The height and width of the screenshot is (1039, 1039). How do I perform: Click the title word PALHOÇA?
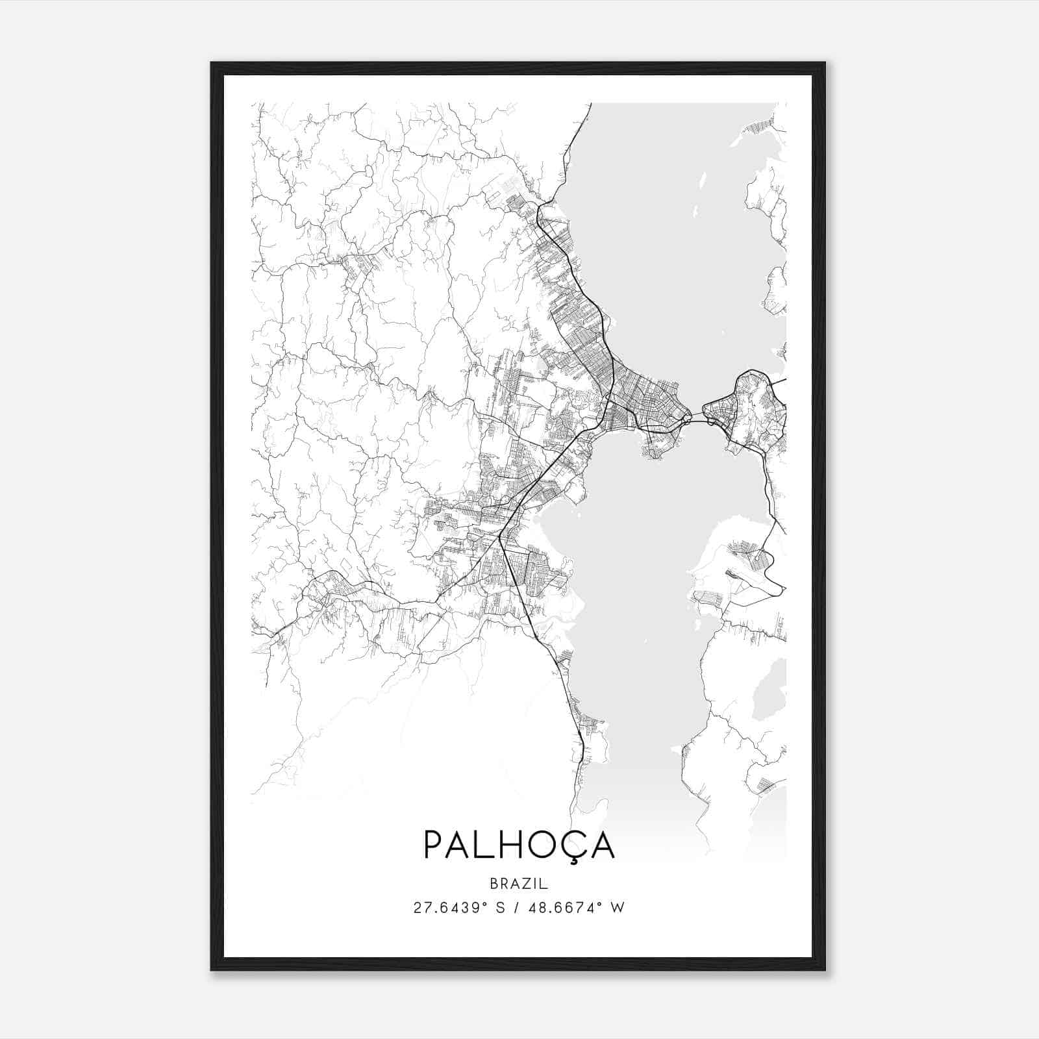(x=519, y=844)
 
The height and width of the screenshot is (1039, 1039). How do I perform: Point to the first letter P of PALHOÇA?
(x=434, y=844)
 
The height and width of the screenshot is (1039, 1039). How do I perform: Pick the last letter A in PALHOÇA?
(x=602, y=844)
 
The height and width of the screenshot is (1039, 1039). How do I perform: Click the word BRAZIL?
(x=519, y=884)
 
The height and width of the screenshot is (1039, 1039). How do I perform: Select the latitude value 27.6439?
(x=447, y=908)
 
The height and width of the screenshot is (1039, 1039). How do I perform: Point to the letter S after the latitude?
(x=501, y=908)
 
